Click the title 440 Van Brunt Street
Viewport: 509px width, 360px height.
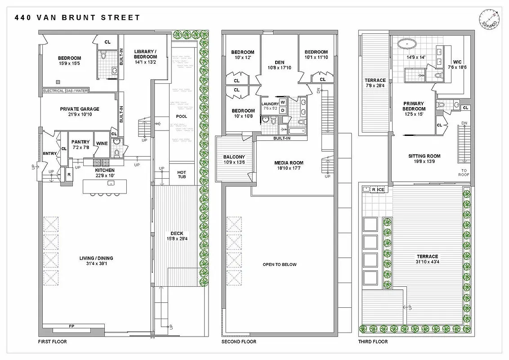click(x=77, y=18)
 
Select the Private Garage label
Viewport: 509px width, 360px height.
click(x=80, y=109)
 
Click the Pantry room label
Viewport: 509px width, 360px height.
click(x=81, y=142)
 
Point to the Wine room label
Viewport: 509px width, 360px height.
click(x=102, y=144)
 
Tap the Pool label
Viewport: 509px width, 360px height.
click(x=182, y=117)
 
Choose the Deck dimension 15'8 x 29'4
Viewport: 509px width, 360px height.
click(x=177, y=238)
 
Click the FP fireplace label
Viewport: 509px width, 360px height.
click(x=71, y=325)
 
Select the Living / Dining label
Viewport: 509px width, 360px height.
click(x=96, y=258)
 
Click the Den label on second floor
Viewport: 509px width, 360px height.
click(x=280, y=63)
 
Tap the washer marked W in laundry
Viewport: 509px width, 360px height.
click(x=283, y=102)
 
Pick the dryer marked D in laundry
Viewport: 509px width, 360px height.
click(x=283, y=110)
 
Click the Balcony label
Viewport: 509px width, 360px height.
click(x=234, y=157)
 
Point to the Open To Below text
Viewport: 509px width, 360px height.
click(x=280, y=265)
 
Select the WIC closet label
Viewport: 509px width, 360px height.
click(x=457, y=62)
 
